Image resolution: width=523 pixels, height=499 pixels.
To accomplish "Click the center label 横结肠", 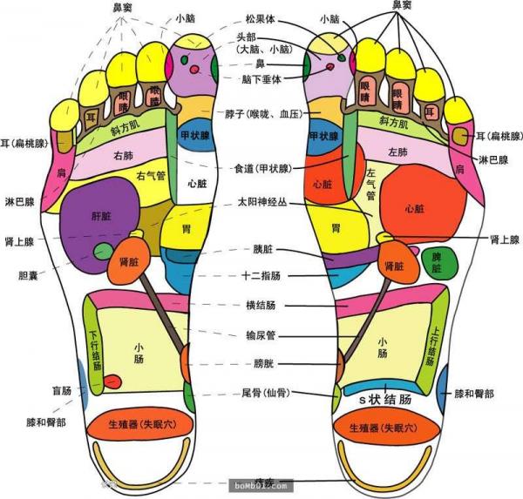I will click(x=261, y=306).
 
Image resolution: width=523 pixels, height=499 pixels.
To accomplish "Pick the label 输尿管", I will click(x=261, y=334).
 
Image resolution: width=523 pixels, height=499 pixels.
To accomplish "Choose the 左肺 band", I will click(x=397, y=153).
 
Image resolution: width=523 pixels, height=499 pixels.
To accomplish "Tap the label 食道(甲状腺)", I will click(x=262, y=168).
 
